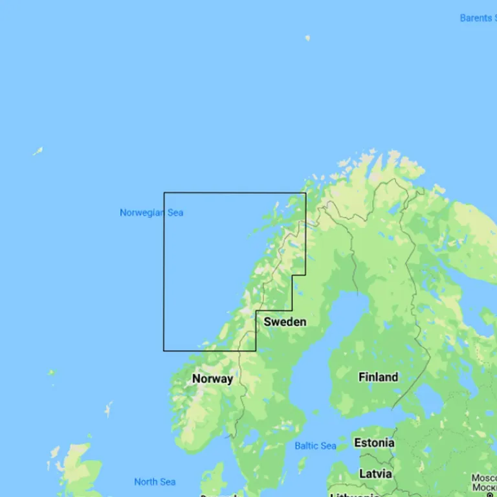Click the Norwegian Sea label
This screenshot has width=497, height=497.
coord(151,212)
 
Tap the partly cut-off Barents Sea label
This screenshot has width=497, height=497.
coord(478,18)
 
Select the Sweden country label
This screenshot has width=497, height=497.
coord(285,322)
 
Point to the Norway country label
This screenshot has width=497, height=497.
coord(212,379)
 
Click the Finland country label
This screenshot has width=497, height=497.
coord(378,377)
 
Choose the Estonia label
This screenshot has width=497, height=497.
coord(374,443)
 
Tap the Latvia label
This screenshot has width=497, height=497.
coord(375,474)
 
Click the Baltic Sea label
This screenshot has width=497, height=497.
coord(315,446)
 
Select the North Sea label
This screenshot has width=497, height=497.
coord(155,481)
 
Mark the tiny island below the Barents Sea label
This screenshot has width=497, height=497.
coord(307,38)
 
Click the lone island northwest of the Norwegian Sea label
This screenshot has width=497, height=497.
coord(38,151)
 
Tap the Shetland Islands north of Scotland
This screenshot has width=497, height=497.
coord(108,409)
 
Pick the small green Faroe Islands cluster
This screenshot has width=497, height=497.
coord(51,373)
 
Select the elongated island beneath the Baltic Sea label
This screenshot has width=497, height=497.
coord(302,465)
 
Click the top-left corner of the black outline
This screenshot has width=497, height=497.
coord(164,193)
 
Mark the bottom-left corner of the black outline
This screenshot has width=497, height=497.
coord(164,351)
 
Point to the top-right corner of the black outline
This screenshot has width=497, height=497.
coord(305,193)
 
